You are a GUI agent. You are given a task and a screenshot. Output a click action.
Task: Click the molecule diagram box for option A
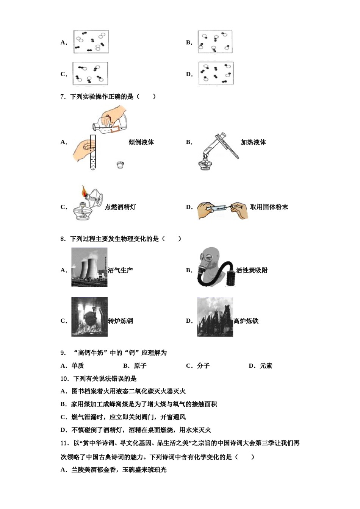click(91, 42)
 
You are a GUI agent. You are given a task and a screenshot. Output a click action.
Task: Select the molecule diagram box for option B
click(215, 42)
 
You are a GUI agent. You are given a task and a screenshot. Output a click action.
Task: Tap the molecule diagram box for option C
click(90, 73)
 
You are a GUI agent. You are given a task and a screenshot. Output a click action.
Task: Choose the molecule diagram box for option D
click(216, 73)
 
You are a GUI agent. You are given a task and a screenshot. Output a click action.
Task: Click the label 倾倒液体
click(141, 142)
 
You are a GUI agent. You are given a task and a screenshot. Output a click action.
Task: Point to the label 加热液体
click(253, 142)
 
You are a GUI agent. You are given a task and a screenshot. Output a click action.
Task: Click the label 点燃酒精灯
click(120, 207)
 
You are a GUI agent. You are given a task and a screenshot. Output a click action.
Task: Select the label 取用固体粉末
click(269, 207)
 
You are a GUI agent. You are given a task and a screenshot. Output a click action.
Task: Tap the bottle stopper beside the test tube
click(121, 165)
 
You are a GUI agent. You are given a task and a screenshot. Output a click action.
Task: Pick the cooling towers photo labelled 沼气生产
click(89, 267)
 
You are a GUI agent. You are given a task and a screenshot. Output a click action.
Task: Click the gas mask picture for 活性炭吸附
click(214, 267)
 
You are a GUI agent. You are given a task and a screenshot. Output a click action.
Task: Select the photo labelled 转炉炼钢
click(89, 317)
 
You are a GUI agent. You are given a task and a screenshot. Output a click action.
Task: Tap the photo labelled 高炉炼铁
click(215, 317)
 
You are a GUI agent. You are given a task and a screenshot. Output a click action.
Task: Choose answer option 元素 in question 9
click(266, 366)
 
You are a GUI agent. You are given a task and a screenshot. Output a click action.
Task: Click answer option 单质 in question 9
click(78, 366)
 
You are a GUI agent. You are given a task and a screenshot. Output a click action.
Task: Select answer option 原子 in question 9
click(140, 366)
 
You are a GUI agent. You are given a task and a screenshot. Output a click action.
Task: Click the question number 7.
click(63, 97)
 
